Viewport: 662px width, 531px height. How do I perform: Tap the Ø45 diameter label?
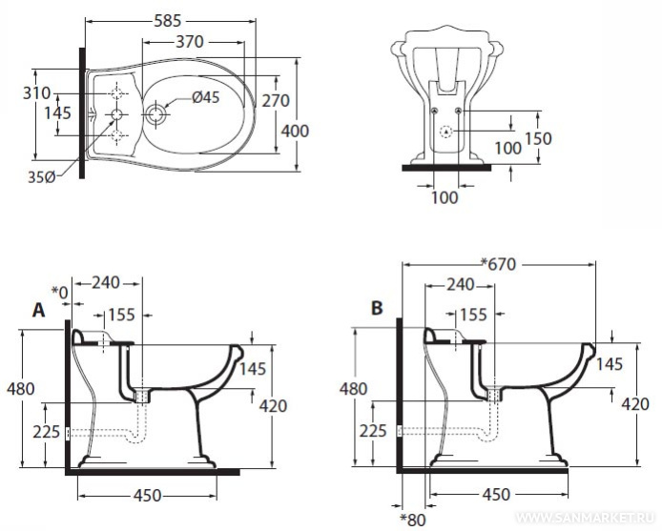pyautogui.click(x=205, y=96)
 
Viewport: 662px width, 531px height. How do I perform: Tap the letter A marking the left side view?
pyautogui.click(x=40, y=310)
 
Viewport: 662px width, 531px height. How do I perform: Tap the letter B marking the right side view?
pyautogui.click(x=377, y=309)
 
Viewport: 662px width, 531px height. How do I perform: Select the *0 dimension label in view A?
pyautogui.click(x=61, y=291)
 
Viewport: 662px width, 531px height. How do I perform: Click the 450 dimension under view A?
pyautogui.click(x=146, y=495)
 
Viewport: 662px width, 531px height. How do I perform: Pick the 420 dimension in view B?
pyautogui.click(x=635, y=403)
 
